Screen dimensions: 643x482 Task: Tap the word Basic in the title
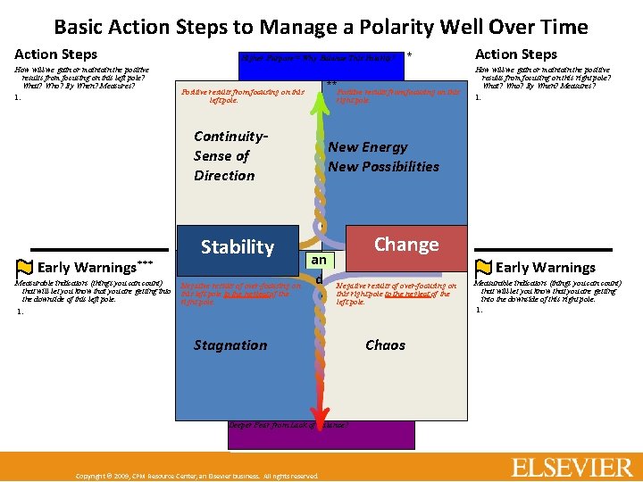point(82,27)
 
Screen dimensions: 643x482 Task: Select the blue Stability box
point(237,247)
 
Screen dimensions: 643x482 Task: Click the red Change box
point(405,245)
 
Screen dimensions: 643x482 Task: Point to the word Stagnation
point(230,345)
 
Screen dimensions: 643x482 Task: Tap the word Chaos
point(385,345)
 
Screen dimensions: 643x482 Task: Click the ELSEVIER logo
point(572,467)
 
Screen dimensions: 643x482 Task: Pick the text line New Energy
point(367,147)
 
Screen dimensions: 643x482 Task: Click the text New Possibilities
point(383,167)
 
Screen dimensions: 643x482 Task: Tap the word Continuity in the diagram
point(230,137)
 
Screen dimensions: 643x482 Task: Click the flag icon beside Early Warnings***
point(25,267)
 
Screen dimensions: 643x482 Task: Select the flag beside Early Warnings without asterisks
point(483,267)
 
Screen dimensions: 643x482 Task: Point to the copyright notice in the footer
point(196,476)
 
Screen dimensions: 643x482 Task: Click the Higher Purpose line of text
point(316,58)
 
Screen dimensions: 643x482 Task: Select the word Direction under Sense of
point(224,176)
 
